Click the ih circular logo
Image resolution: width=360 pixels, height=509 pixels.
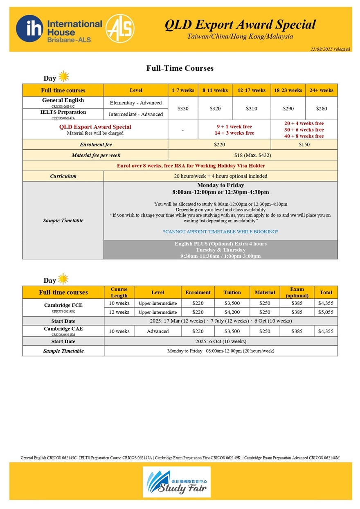click(x=31, y=29)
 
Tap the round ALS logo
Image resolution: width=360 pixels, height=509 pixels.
click(x=120, y=29)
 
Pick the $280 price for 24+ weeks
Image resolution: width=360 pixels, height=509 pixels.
click(x=321, y=108)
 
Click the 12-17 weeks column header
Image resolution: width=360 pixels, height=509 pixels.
click(x=251, y=90)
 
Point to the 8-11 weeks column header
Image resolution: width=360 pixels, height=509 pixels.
click(x=215, y=90)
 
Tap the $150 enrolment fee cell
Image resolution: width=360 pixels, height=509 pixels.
click(x=304, y=144)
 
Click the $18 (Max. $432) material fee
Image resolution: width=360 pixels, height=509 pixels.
click(x=252, y=155)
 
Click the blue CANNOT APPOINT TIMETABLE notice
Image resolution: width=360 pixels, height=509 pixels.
click(x=220, y=232)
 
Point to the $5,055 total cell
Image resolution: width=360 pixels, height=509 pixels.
click(x=326, y=312)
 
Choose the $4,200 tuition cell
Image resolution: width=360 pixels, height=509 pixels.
click(x=232, y=312)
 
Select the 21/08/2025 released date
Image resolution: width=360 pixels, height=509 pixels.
click(x=330, y=49)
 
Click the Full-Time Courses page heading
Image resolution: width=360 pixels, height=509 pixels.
click(x=180, y=68)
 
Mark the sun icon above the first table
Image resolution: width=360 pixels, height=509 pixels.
click(x=63, y=77)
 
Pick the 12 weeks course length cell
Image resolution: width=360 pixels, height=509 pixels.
click(x=119, y=312)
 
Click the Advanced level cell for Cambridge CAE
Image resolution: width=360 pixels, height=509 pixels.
click(x=157, y=331)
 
